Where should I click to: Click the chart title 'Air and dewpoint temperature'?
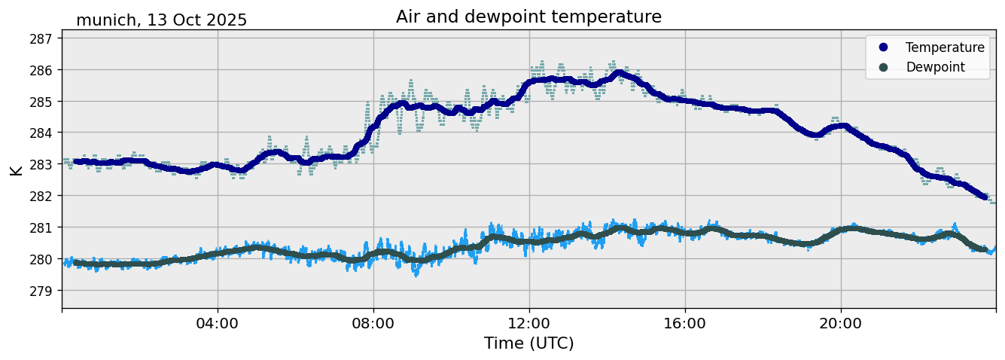click(528, 17)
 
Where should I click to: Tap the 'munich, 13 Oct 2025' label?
click(161, 20)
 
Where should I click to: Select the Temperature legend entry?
click(944, 47)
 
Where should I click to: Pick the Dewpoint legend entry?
click(935, 67)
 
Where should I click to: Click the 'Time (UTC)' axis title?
click(528, 343)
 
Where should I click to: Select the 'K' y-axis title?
click(16, 169)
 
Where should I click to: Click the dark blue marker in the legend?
click(883, 47)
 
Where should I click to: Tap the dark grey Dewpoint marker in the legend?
click(883, 67)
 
